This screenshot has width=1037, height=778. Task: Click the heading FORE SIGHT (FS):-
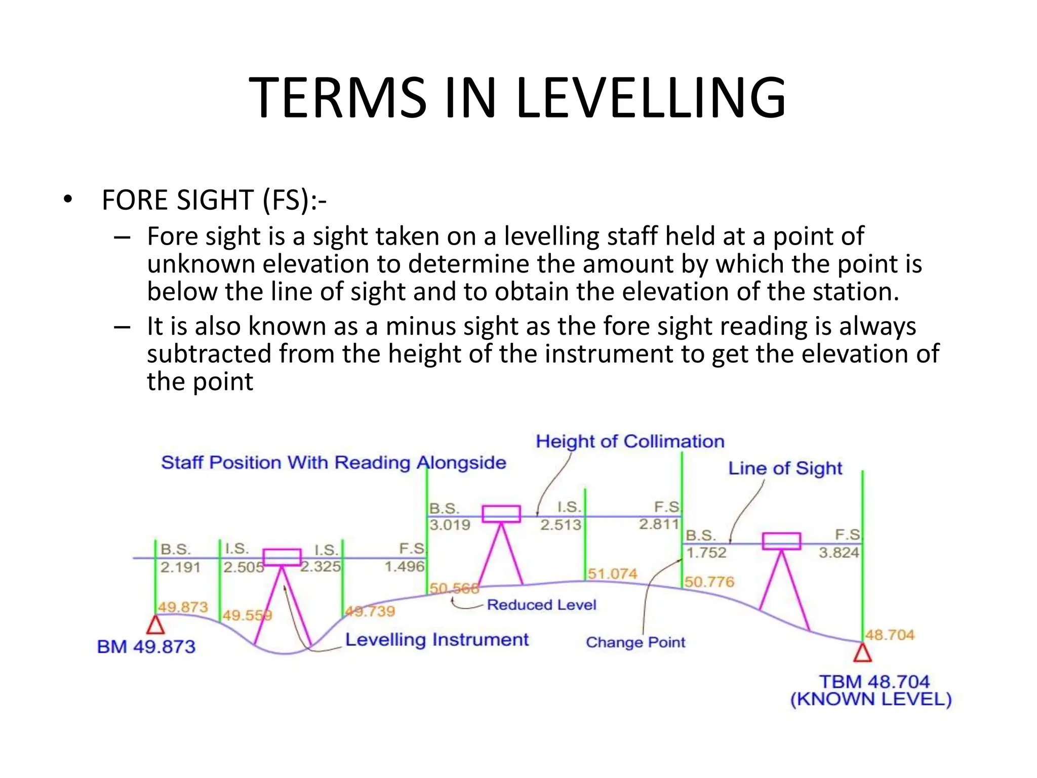coord(214,200)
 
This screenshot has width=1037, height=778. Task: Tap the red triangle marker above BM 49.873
coord(155,626)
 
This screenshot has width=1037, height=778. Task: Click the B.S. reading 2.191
coord(180,567)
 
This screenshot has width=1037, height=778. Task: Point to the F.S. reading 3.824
coord(839,553)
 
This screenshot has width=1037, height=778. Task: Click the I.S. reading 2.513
coord(561,525)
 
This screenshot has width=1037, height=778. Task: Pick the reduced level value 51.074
coord(612,574)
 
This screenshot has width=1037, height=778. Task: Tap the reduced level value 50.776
coord(709,582)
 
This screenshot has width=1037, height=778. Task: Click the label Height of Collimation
coord(630,442)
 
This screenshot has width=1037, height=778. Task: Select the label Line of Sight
coord(785,469)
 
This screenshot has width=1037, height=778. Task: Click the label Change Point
coord(635,642)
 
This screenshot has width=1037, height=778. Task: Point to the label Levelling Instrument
coord(436,640)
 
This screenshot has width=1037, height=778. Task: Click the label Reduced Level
coord(541,605)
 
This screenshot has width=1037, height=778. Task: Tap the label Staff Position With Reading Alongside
coord(333,463)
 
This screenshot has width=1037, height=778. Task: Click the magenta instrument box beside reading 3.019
coord(501,514)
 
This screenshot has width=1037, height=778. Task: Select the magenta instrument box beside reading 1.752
coord(781,541)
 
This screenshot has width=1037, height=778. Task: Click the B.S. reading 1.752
coord(706,553)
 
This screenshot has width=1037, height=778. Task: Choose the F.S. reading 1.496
coord(404,566)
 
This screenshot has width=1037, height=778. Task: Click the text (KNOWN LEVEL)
coord(871,699)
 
